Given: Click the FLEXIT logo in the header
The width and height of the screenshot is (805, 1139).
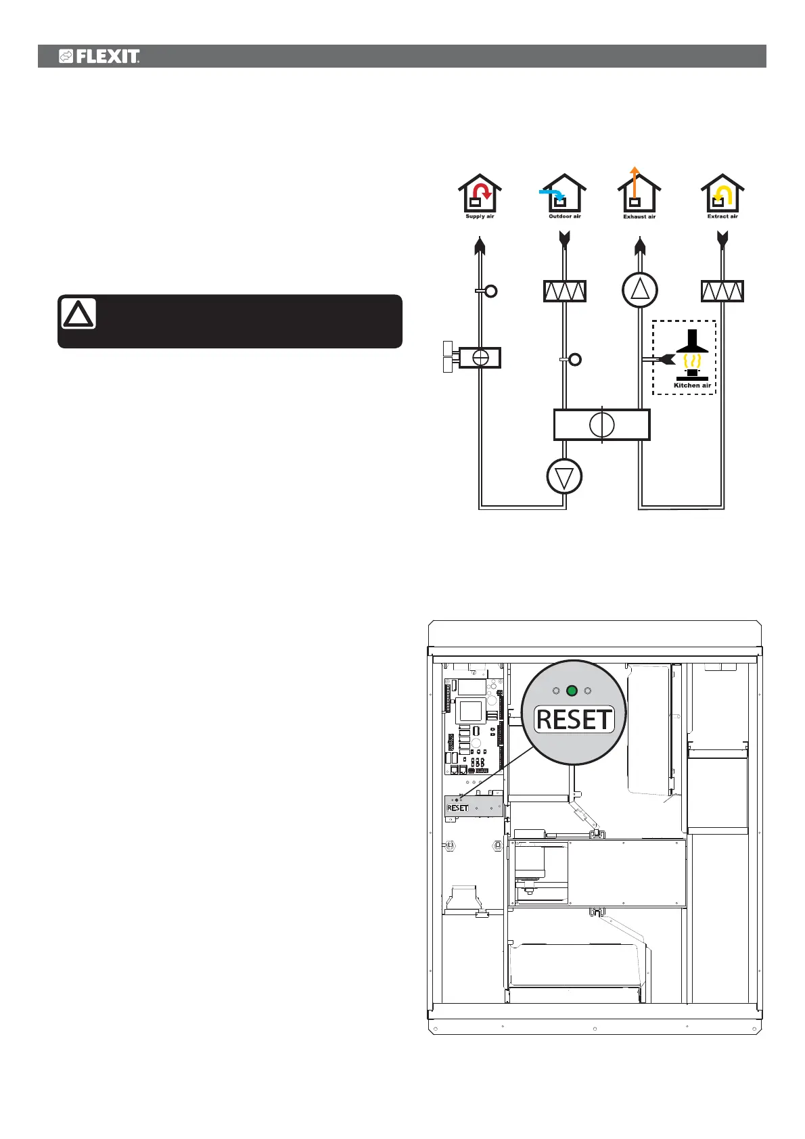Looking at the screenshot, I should point(99,56).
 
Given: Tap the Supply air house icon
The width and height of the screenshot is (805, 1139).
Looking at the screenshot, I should point(480,194).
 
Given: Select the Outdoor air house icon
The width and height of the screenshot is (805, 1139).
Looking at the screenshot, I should point(565,194).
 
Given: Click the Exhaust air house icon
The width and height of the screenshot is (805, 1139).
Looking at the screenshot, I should point(639,194).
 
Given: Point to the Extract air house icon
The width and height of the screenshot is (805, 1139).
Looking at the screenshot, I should point(722,194).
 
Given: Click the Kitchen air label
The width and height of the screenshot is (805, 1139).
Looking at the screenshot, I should point(692,386).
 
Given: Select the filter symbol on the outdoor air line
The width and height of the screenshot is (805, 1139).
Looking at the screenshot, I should point(565,292).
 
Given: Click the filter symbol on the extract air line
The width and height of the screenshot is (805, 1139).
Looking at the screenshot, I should point(722,292).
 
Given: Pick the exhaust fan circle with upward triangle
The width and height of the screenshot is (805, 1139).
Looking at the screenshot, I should point(639,290).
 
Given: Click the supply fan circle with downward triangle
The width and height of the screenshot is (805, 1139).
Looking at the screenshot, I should point(564,477).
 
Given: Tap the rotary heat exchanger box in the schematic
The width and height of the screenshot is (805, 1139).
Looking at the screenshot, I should point(601,425).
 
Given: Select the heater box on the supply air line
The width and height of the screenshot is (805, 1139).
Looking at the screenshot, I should point(480,357).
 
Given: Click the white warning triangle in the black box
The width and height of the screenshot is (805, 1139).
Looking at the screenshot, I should point(78,314).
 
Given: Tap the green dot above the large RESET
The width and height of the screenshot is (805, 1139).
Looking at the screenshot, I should point(572,691).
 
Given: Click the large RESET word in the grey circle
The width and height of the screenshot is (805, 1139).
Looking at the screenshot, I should point(574,720).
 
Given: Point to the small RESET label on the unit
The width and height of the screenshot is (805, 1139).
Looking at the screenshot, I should point(458,808).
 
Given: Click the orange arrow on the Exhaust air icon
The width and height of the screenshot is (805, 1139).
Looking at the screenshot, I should point(634,179).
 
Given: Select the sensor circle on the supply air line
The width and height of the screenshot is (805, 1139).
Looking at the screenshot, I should point(491,291).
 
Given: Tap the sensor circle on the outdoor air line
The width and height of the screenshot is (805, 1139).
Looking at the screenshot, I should point(575,359).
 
